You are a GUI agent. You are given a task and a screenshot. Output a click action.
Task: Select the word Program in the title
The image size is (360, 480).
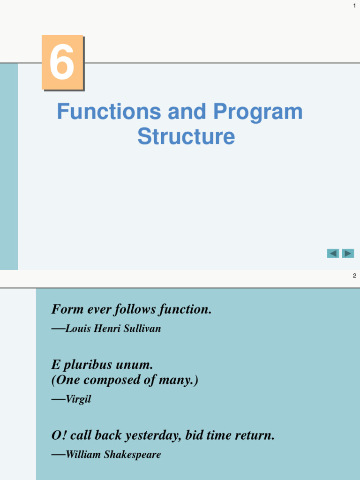point(258,112)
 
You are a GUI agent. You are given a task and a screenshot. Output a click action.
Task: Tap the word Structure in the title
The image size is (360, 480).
point(186,137)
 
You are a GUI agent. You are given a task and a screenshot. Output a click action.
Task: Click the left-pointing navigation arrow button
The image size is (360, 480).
point(333,254)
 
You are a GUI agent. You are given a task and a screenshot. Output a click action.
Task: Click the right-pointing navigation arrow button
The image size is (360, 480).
point(348,254)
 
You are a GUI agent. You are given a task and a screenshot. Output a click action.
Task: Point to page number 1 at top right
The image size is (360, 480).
point(354,5)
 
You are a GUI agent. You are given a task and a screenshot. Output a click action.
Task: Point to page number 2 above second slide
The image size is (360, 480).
point(354,276)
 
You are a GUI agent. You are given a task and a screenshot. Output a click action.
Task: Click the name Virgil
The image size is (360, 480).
point(78,400)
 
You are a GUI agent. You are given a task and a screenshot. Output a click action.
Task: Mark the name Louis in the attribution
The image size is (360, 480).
point(78,329)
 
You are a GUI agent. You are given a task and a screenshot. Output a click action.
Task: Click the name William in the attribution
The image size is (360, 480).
point(84,455)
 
